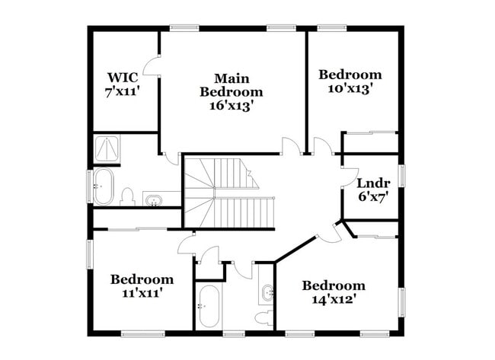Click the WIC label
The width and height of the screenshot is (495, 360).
[x=122, y=77]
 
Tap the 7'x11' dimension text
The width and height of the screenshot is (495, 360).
[x=122, y=91]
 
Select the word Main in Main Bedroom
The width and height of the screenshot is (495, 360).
[x=232, y=78]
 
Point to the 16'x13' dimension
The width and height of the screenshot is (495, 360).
[x=232, y=106]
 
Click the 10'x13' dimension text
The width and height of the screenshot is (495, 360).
[x=350, y=88]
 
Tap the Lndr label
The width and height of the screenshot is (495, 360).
[x=373, y=183]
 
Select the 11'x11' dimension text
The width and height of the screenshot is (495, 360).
[x=142, y=292]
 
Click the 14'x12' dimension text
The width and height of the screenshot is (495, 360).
[x=333, y=299]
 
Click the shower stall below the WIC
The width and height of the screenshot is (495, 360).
[x=107, y=148]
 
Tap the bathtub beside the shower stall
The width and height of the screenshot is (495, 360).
[x=103, y=187]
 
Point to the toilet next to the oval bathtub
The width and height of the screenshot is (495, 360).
[x=127, y=197]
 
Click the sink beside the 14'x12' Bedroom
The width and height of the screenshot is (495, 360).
[x=267, y=292]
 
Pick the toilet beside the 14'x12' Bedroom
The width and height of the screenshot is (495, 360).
[x=263, y=317]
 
